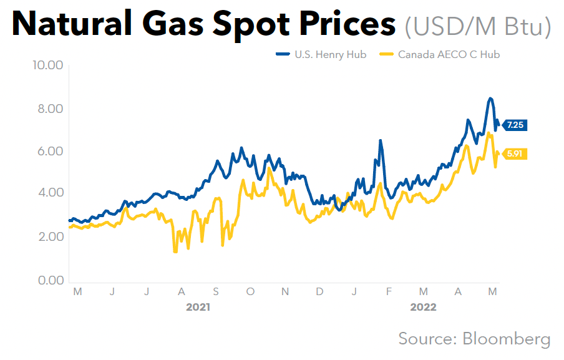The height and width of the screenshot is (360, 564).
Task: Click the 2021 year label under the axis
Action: point(198,308)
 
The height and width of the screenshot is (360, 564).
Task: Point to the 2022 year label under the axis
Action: point(423,308)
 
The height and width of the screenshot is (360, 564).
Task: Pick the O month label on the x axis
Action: point(250,291)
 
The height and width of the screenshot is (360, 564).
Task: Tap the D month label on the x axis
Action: point(319,291)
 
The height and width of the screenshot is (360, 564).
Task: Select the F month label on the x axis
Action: point(389,291)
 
